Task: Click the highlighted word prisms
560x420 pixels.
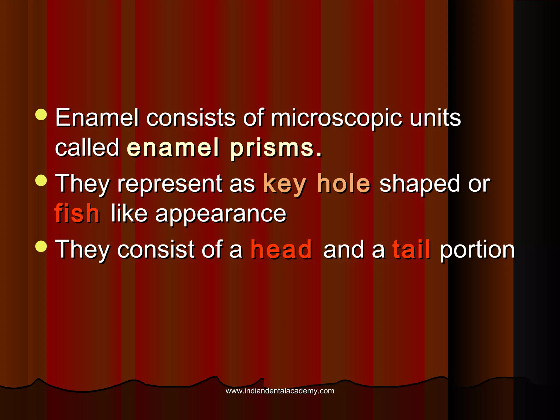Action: (x=276, y=148)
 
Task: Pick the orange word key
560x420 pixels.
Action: (x=284, y=185)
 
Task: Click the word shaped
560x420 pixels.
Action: (x=420, y=185)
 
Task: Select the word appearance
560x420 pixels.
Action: (x=221, y=214)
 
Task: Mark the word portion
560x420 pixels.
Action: (x=477, y=250)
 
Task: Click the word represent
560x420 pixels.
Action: (x=170, y=185)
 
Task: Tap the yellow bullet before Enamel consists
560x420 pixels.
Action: (x=41, y=115)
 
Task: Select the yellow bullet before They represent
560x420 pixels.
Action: (x=41, y=180)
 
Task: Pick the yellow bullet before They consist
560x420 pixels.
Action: (x=41, y=246)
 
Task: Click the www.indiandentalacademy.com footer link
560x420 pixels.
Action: (x=280, y=391)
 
